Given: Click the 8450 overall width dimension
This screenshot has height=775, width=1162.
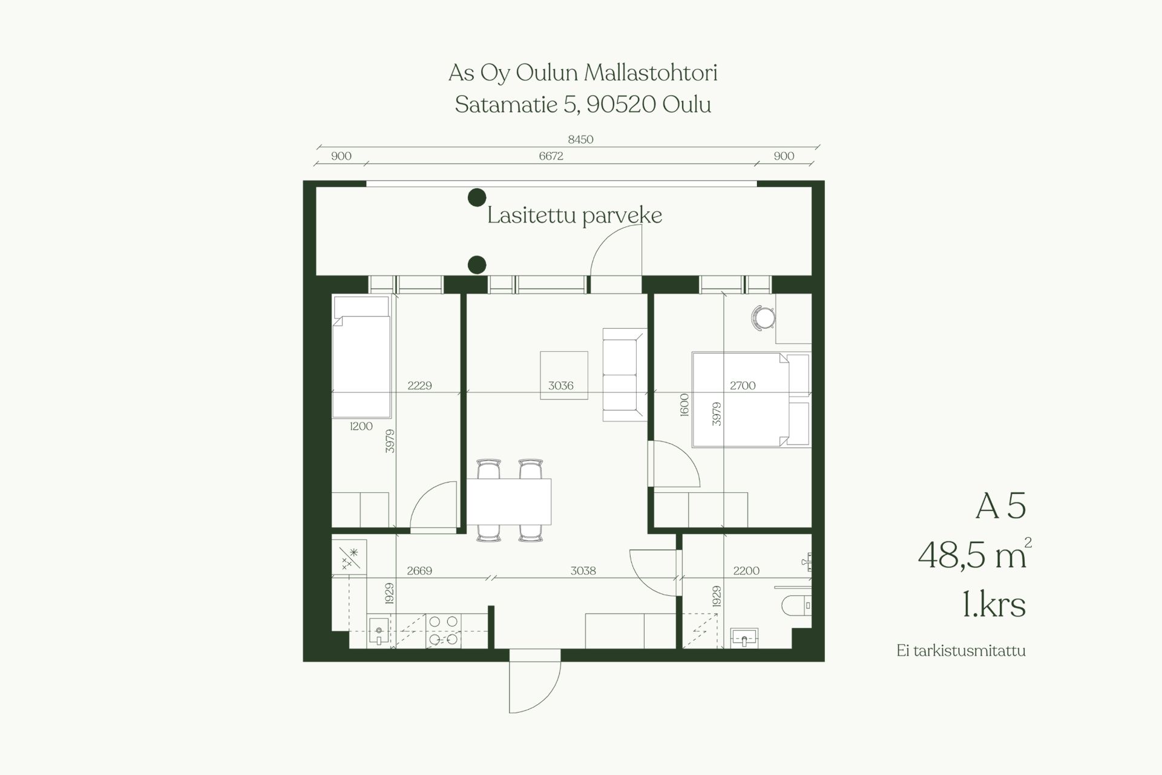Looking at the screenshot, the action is (x=580, y=139).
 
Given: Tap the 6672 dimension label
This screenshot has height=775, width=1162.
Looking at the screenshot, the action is (x=551, y=156).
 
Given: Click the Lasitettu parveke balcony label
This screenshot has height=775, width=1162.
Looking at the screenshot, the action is (x=574, y=216).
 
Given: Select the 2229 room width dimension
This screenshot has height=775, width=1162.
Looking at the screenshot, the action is (x=419, y=385).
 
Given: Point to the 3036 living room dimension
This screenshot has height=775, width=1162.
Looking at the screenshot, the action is (x=560, y=385).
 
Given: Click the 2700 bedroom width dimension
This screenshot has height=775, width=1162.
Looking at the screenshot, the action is (x=743, y=385).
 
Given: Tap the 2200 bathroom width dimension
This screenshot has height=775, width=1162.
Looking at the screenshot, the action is (x=746, y=570).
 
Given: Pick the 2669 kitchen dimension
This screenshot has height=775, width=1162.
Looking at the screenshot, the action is (x=419, y=570).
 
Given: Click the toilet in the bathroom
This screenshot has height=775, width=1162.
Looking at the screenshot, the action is (x=796, y=605).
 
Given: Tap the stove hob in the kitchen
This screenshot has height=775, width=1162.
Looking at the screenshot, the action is (x=444, y=631).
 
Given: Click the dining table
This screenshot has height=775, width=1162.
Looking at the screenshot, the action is (x=509, y=501).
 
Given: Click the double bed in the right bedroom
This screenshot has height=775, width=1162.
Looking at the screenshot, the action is (x=751, y=400).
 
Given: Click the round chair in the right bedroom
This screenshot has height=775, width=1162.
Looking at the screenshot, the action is (x=764, y=318).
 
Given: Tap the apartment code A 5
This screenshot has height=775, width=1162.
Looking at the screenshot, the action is (x=1001, y=506).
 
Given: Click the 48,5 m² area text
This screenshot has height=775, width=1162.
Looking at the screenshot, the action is (x=974, y=554).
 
